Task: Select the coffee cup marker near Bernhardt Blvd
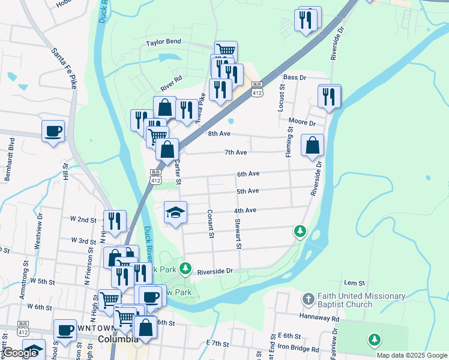coord(53,130)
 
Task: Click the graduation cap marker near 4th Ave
coord(175,212)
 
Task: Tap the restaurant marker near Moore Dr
coord(329,95)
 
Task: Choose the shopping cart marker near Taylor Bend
coord(226,51)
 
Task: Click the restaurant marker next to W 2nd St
coord(114,220)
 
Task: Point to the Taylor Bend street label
coord(163,43)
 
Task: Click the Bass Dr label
coord(295,77)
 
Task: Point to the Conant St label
coord(211,223)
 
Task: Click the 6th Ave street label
coord(247,174)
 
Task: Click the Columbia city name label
coord(118,340)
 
